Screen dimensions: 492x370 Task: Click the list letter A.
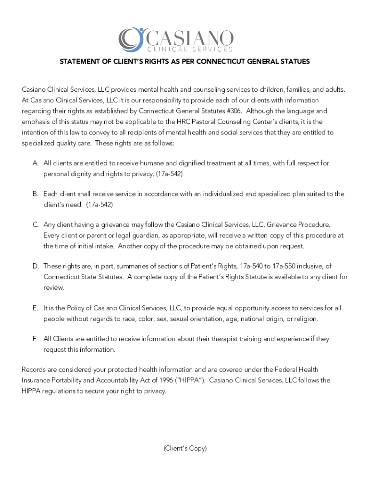[x=36, y=163]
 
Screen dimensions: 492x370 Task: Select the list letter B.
[x=36, y=194]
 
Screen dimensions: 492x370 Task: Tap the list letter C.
[x=36, y=225]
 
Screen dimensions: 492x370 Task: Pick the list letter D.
[x=36, y=266]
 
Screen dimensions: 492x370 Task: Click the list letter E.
[x=36, y=308]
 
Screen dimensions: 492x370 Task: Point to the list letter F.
[x=36, y=339]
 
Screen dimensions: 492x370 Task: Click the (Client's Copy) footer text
[x=185, y=448]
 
